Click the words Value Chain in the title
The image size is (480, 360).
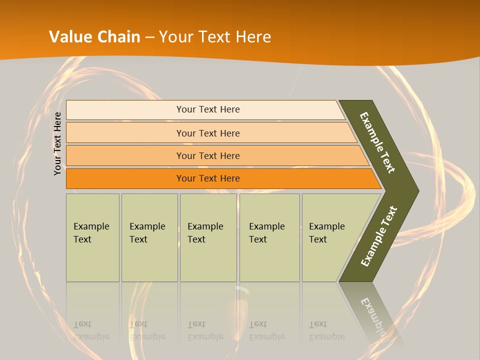pos(94,36)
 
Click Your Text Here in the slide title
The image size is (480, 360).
pos(215,36)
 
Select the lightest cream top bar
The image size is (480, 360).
pos(125,109)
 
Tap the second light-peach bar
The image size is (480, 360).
pos(125,133)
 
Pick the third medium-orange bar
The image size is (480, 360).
pos(125,155)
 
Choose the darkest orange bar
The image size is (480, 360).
pos(125,178)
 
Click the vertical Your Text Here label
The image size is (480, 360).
pos(58,143)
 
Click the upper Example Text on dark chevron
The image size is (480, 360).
pos(377,142)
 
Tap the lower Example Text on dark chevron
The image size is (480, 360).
pos(379,236)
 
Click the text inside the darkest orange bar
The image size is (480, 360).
pos(208,178)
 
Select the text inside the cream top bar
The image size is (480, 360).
pos(208,109)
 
